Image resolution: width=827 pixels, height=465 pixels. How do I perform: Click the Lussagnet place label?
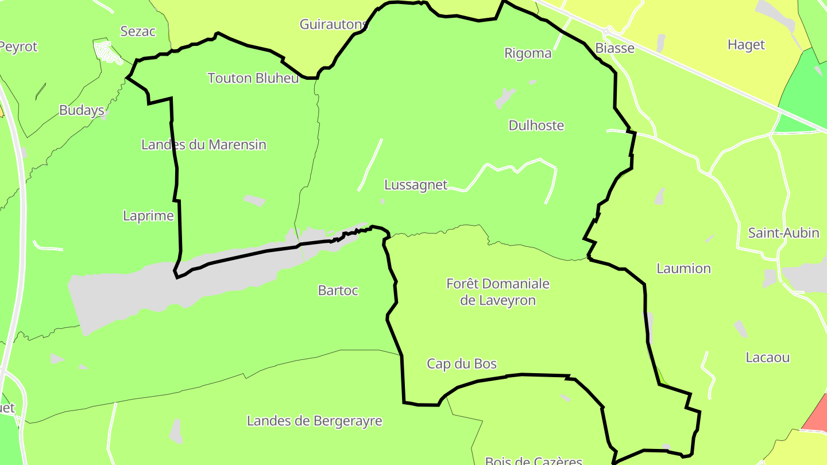(x=415, y=185)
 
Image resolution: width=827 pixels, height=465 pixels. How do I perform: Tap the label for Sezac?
(x=138, y=31)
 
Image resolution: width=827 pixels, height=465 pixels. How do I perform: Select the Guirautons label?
(x=333, y=24)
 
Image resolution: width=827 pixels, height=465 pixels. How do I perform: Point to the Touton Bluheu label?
(x=253, y=78)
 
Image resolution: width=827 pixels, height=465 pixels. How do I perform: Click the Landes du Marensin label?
(x=204, y=145)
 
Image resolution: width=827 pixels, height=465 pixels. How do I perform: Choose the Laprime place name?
(x=148, y=216)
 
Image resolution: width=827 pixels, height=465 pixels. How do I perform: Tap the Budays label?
(x=82, y=110)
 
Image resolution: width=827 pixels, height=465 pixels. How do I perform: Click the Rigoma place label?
(x=528, y=53)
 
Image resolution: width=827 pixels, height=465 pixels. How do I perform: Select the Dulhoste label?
(x=536, y=126)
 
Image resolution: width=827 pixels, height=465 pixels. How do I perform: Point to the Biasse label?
(x=615, y=48)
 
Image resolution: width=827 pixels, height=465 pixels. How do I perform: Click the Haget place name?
(x=746, y=45)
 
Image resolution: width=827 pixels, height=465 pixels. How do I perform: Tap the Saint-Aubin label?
(x=783, y=233)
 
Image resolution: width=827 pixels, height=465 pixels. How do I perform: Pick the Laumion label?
(x=683, y=269)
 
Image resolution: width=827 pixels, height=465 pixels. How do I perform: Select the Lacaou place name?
(x=767, y=358)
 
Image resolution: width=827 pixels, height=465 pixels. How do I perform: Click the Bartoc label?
(x=338, y=290)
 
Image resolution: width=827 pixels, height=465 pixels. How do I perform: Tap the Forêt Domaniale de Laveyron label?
(x=498, y=292)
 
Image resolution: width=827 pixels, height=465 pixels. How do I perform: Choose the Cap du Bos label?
(x=462, y=363)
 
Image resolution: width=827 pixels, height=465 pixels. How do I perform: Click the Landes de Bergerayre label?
(x=314, y=421)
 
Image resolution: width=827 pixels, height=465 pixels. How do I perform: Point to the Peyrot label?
(x=18, y=46)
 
